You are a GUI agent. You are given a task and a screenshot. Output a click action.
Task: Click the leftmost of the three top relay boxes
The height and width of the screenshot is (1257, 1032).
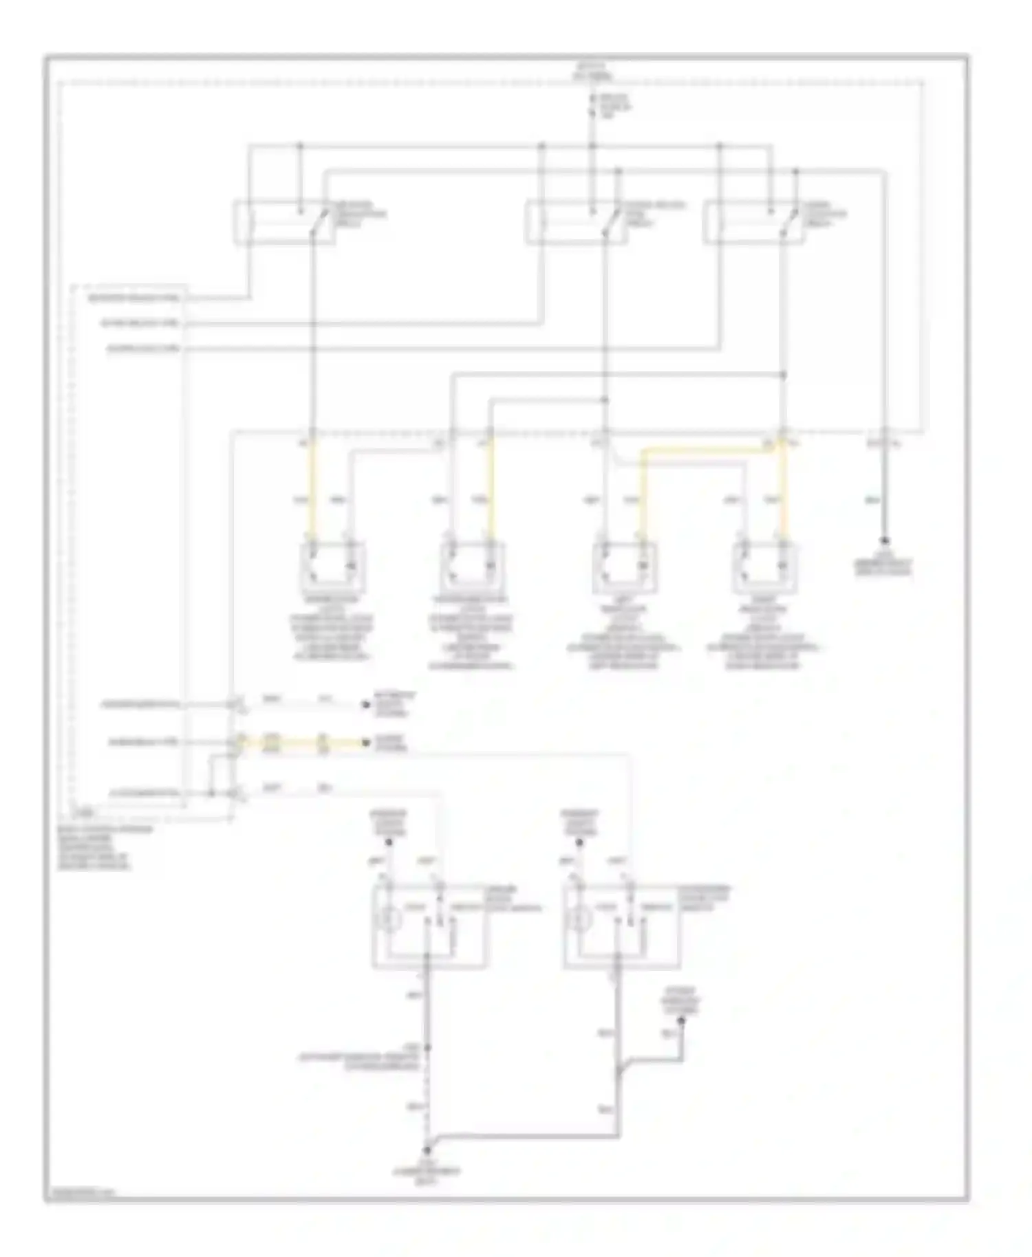click(283, 222)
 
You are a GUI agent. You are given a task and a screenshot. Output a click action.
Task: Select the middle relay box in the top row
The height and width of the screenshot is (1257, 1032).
click(577, 222)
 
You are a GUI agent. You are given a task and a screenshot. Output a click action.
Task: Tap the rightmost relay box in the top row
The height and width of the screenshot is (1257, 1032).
click(753, 222)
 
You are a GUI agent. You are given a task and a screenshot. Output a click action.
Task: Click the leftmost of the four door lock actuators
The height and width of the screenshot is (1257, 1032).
click(332, 567)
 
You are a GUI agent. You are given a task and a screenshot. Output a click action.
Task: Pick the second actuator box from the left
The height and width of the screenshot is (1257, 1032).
click(471, 567)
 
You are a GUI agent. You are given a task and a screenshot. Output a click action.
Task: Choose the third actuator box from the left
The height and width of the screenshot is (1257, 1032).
click(624, 567)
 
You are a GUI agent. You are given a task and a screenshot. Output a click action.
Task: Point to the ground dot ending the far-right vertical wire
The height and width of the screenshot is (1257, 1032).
click(885, 542)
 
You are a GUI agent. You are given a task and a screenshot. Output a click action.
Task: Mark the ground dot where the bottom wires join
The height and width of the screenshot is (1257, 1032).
click(427, 1150)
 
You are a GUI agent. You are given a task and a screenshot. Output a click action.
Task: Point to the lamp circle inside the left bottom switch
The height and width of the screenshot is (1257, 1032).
click(391, 919)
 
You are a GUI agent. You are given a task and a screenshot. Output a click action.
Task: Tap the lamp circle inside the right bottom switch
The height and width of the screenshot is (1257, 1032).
click(582, 919)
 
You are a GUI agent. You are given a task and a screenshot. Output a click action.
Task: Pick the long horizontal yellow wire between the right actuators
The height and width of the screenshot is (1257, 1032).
click(709, 451)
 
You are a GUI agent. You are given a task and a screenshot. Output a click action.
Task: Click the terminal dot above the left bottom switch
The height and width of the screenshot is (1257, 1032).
click(389, 842)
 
